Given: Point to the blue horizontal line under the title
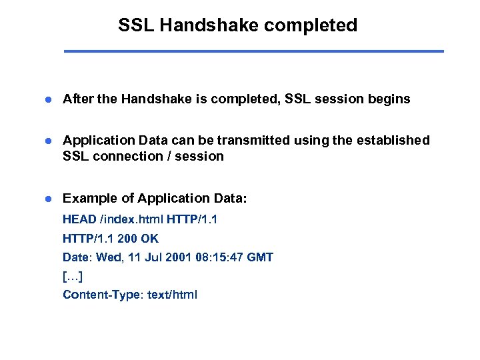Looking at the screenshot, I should point(253,51).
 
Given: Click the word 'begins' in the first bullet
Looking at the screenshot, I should point(389,99).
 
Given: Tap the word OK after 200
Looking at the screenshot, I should point(150,239).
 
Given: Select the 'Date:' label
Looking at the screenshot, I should point(77,257).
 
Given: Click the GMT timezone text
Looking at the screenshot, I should point(259,257).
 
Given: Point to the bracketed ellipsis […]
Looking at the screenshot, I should point(72,276).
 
